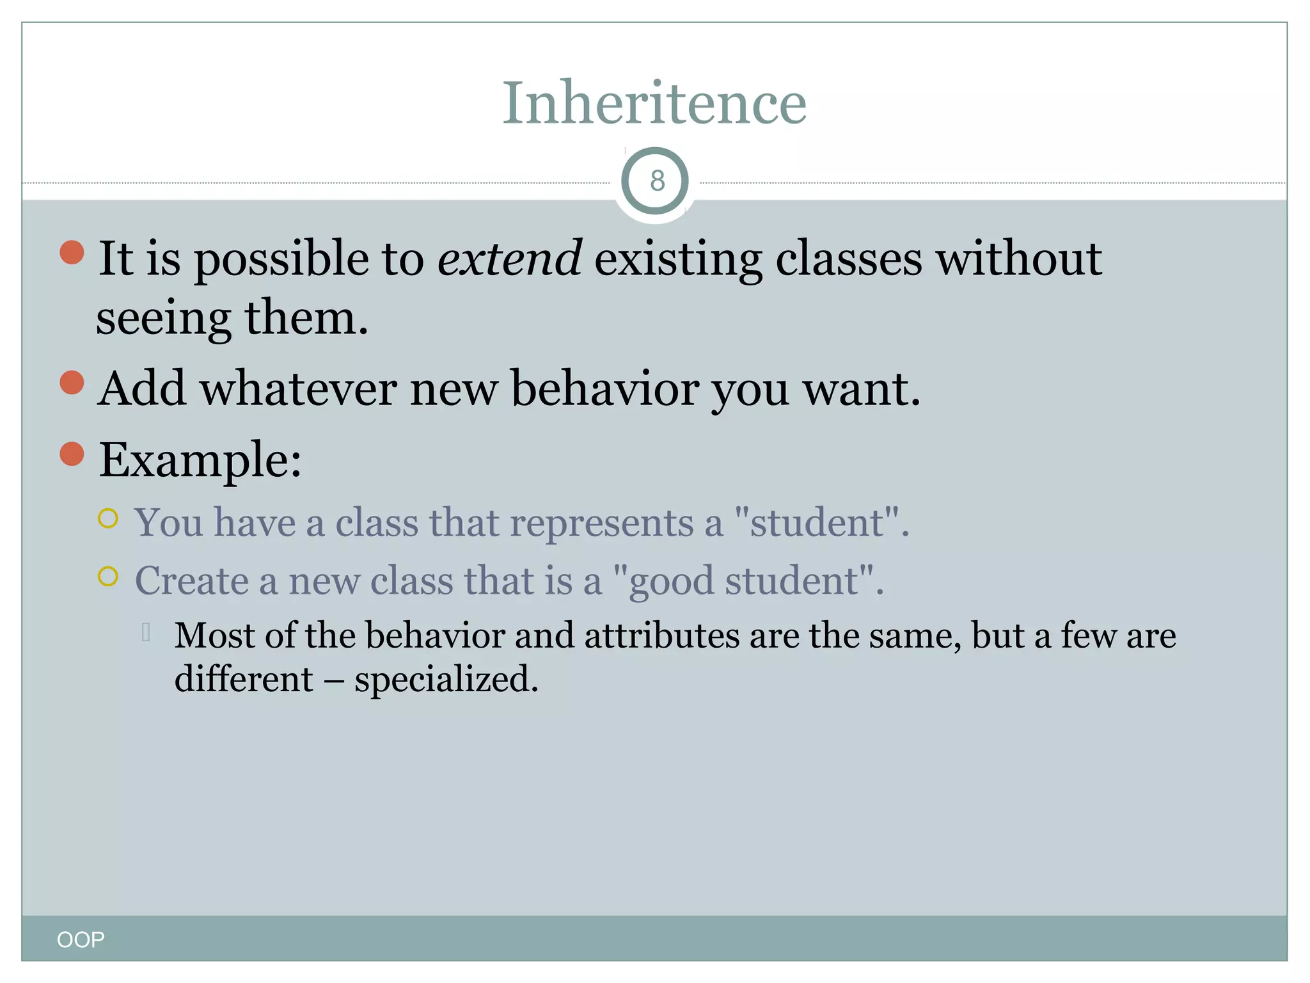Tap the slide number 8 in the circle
656,181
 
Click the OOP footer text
81,939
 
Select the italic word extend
509,259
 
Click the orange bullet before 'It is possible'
72,252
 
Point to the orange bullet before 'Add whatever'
72,383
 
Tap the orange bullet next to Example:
72,454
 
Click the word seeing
164,319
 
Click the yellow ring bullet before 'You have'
108,518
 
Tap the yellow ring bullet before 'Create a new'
108,576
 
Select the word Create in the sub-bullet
192,581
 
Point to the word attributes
661,636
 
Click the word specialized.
446,680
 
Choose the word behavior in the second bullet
604,389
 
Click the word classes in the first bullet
849,259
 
